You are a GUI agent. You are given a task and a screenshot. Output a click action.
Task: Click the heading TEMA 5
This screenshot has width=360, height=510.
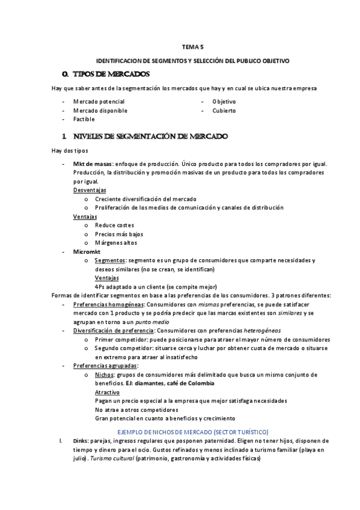(x=193, y=46)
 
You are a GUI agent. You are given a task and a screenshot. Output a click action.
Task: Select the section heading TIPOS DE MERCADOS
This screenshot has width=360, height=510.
(x=111, y=74)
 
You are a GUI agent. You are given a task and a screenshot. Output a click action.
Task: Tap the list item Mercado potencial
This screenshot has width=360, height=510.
(x=99, y=102)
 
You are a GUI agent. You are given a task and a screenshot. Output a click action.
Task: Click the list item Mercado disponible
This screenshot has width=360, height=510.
(x=100, y=111)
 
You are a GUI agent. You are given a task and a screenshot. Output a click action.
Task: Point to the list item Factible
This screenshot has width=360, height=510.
(x=84, y=119)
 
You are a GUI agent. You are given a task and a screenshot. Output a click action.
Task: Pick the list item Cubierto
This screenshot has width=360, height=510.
(x=224, y=111)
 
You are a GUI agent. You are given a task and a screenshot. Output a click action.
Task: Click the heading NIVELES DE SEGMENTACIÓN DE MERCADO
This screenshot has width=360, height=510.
(x=150, y=137)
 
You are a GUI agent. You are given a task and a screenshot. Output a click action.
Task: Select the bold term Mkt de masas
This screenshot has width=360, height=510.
(x=92, y=164)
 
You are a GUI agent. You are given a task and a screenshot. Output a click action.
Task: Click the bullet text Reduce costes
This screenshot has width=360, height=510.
(x=114, y=225)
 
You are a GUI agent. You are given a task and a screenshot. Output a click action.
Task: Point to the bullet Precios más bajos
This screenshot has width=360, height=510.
(x=119, y=234)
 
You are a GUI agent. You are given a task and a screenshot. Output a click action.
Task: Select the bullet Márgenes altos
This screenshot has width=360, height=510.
(x=116, y=242)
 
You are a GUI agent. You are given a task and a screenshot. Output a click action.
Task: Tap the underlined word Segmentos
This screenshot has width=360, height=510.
(x=110, y=260)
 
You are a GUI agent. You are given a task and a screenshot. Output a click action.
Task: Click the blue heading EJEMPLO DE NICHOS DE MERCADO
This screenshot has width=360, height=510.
(x=192, y=432)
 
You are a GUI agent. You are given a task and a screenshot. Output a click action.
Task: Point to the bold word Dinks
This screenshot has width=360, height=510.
(x=80, y=441)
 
